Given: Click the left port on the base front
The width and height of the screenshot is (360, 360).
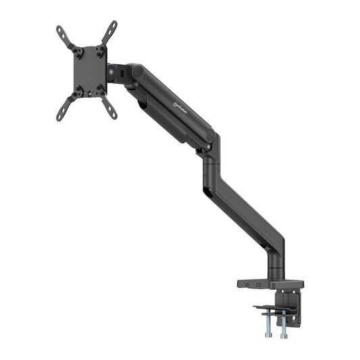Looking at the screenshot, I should pyautogui.click(x=249, y=284).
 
